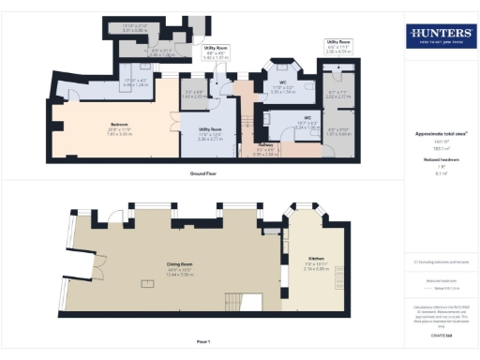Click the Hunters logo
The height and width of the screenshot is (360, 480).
[x=440, y=37]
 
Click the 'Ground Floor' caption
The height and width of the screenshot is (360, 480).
[x=204, y=173]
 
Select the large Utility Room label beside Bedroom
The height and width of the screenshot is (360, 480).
[x=209, y=127]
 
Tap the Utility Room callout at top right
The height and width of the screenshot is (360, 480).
[x=338, y=43]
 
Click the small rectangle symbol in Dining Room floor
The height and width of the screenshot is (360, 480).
[x=145, y=281]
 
